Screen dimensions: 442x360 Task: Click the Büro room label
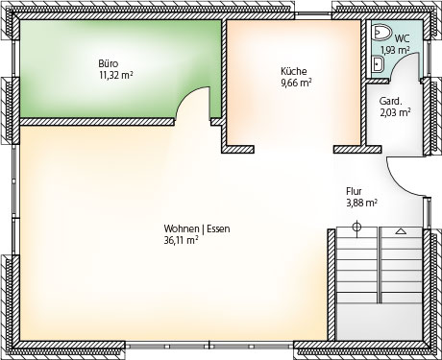(109, 63)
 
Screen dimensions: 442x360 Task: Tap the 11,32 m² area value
(116, 75)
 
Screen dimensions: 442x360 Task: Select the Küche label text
(294, 71)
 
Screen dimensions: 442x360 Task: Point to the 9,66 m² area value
(297, 83)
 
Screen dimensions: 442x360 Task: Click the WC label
(402, 38)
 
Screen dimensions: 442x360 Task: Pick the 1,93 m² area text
(395, 50)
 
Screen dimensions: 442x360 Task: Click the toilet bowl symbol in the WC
(381, 33)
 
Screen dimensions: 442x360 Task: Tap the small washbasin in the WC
(378, 63)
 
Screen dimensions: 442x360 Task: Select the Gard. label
(390, 101)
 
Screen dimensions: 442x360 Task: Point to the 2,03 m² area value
(395, 112)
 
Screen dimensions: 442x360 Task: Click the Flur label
(354, 191)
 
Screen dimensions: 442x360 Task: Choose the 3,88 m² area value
(361, 203)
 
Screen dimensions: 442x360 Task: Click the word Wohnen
(182, 228)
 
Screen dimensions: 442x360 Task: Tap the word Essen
(218, 228)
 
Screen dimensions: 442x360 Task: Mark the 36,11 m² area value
(181, 240)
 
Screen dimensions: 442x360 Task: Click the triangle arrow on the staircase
(400, 231)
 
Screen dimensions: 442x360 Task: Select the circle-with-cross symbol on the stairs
(356, 228)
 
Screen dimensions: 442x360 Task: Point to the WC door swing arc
(399, 60)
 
